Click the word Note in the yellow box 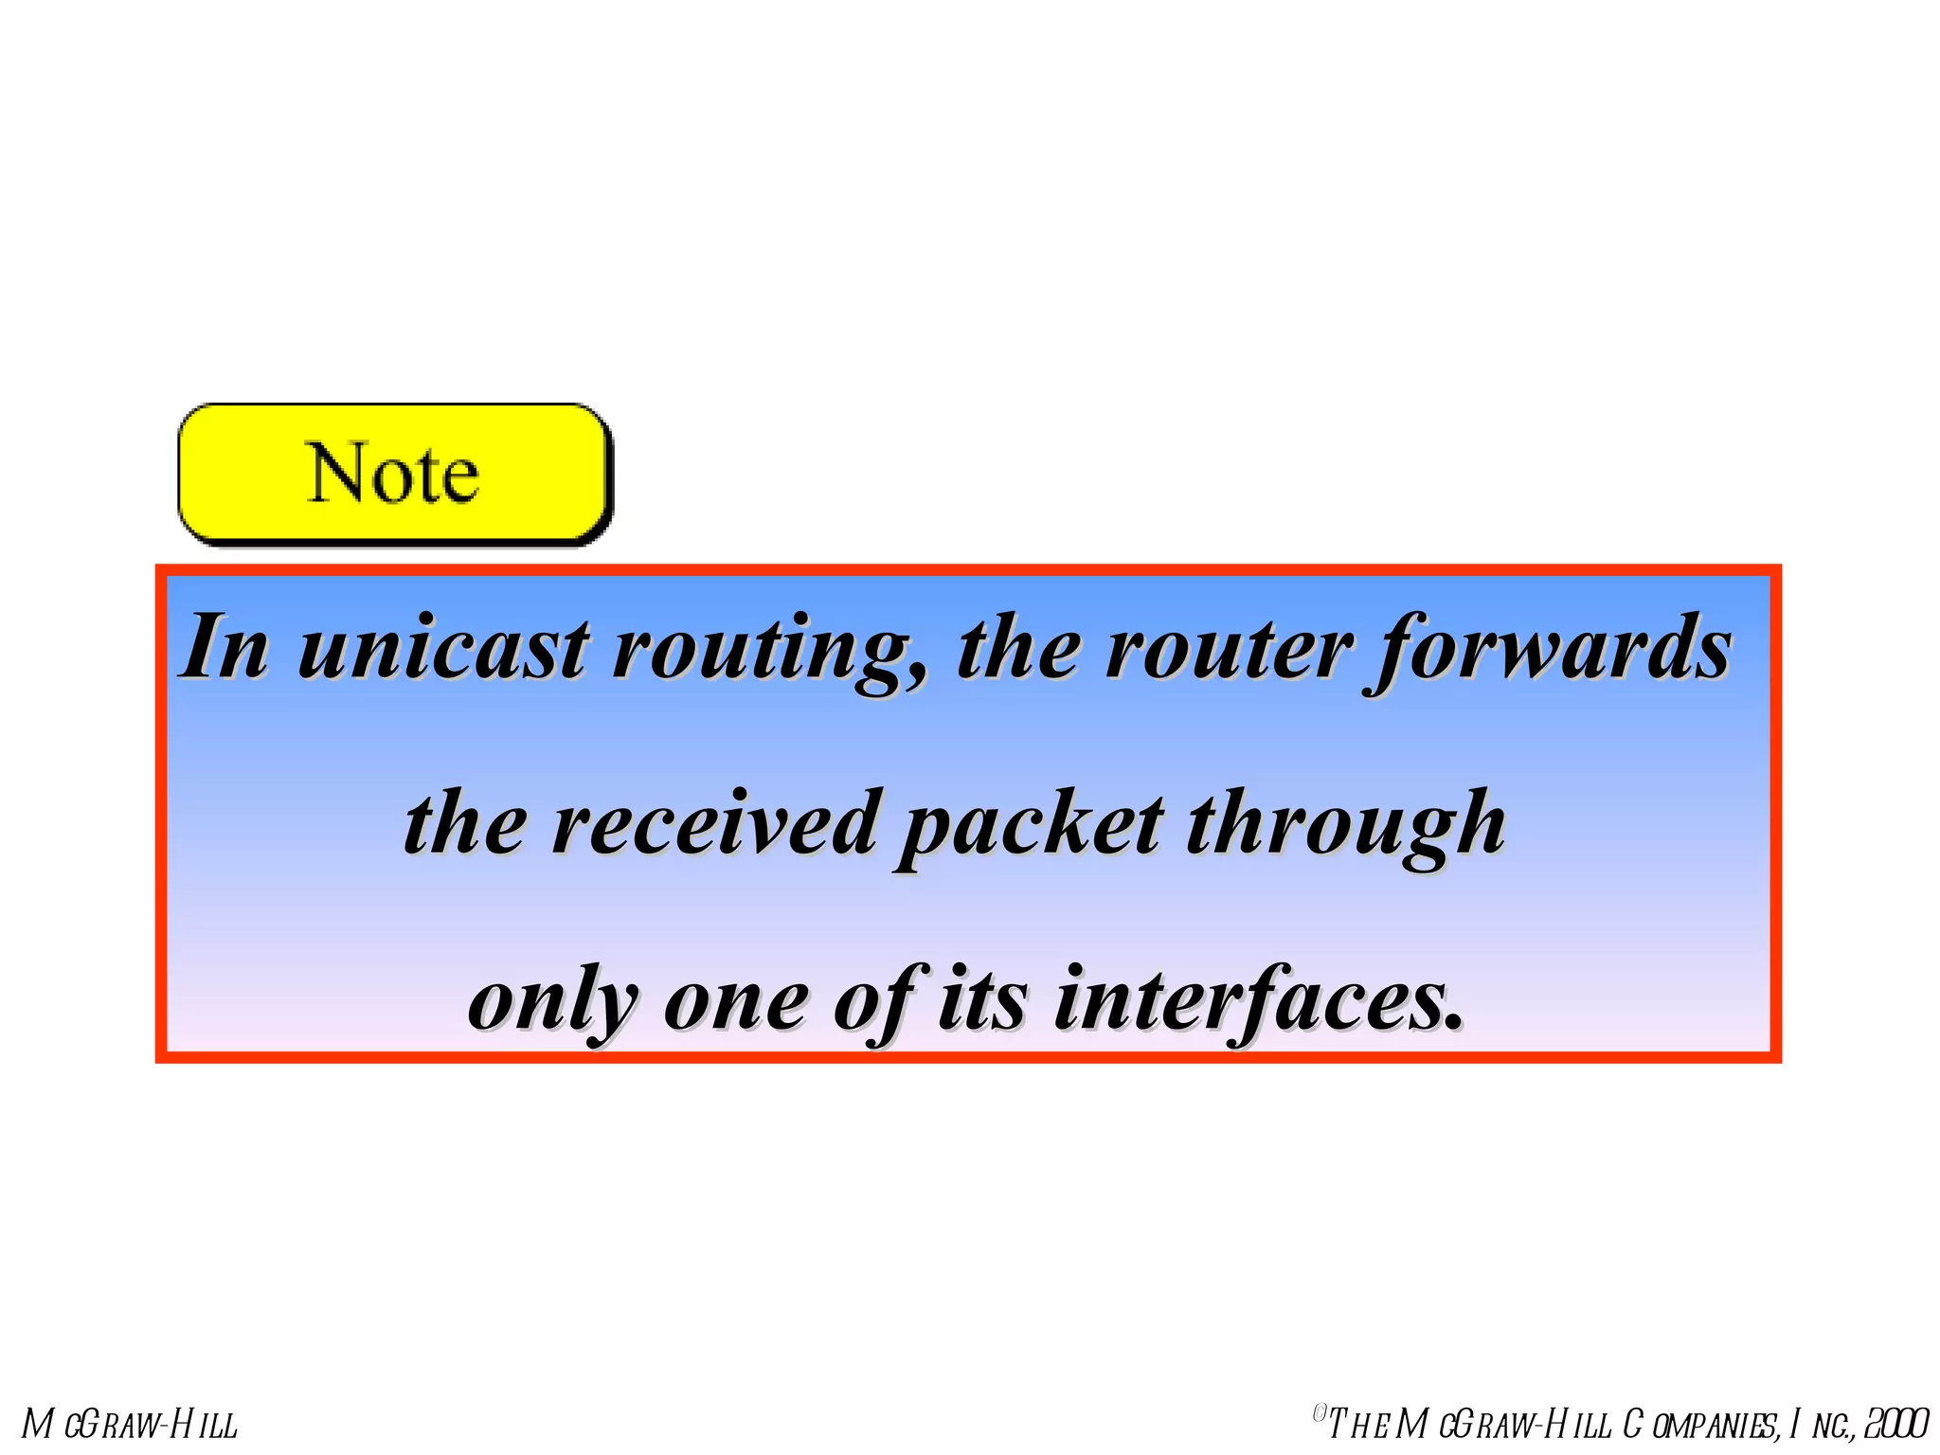coord(393,473)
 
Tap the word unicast coord(443,649)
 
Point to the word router coord(1230,649)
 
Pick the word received coord(714,823)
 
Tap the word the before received coord(464,823)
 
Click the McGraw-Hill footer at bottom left coord(130,1425)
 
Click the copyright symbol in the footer coord(1319,1414)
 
